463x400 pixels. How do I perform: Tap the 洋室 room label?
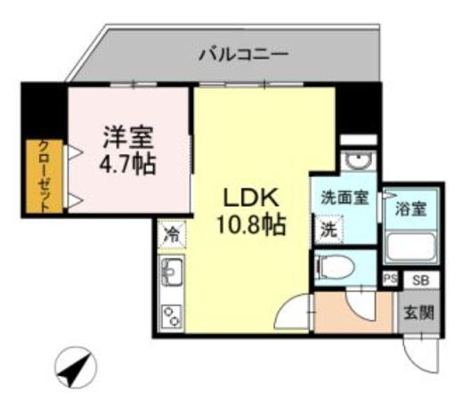pyautogui.click(x=128, y=137)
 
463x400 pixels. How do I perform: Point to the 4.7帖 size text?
pyautogui.click(x=128, y=165)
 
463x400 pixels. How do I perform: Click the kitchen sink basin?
pyautogui.click(x=171, y=273)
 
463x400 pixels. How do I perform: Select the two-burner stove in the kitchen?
pyautogui.click(x=171, y=314)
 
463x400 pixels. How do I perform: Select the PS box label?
pyautogui.click(x=389, y=279)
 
